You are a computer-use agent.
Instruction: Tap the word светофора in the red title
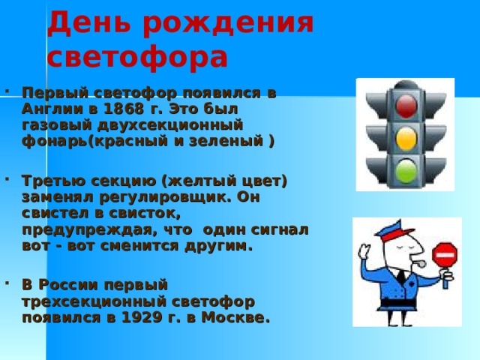click(136, 56)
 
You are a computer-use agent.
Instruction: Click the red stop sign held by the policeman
click(444, 256)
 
